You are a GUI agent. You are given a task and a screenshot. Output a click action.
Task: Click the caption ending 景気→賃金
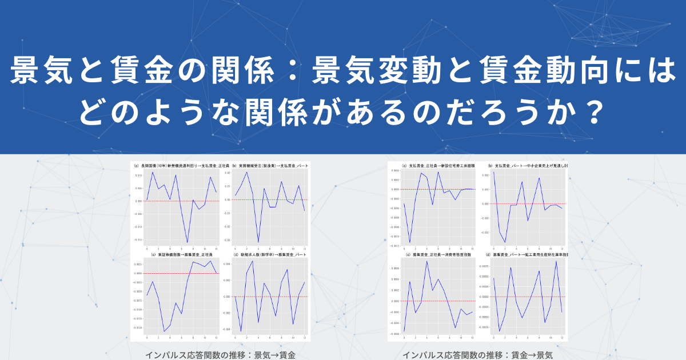(x=221, y=355)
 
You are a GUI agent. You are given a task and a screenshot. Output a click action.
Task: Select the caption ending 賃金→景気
(x=478, y=355)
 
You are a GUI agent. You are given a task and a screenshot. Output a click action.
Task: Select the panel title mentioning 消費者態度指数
(x=438, y=254)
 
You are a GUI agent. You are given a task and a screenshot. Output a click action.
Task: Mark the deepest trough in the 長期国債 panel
(x=187, y=243)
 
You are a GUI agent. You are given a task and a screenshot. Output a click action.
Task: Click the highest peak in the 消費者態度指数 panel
(x=426, y=261)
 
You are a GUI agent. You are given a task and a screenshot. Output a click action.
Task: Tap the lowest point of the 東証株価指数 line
(x=164, y=331)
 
